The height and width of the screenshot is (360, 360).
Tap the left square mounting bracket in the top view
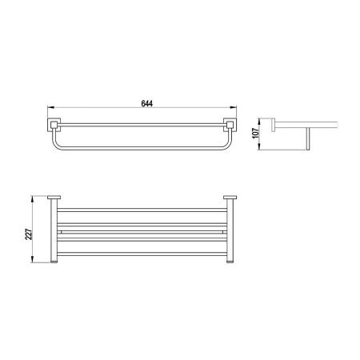coord(55,124)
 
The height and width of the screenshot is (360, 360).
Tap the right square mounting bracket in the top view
coord(230,124)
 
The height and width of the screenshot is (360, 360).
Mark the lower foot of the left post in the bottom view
coord(55,261)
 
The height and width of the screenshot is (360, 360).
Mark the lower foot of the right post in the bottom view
coord(230,261)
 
